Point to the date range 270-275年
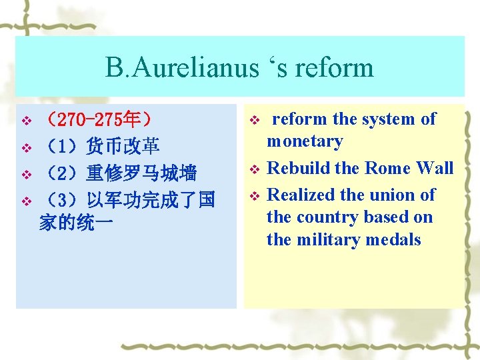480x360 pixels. pyautogui.click(x=98, y=120)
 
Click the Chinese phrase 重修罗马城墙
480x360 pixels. pyautogui.click(x=141, y=173)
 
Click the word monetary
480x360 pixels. pyautogui.click(x=305, y=141)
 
